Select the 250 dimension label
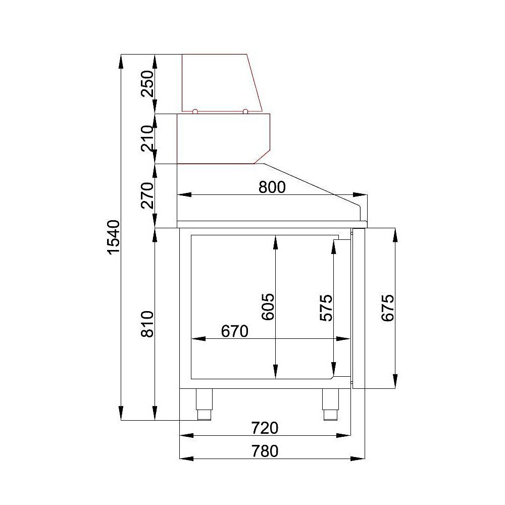point(147,84)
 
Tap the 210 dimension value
point(147,138)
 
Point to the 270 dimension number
point(147,196)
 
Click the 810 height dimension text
point(147,325)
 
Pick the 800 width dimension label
point(272,187)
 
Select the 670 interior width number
point(235,331)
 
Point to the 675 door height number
point(387,308)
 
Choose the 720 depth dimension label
point(265,428)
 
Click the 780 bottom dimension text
point(265,450)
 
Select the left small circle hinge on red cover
point(195,112)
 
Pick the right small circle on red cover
point(245,112)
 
